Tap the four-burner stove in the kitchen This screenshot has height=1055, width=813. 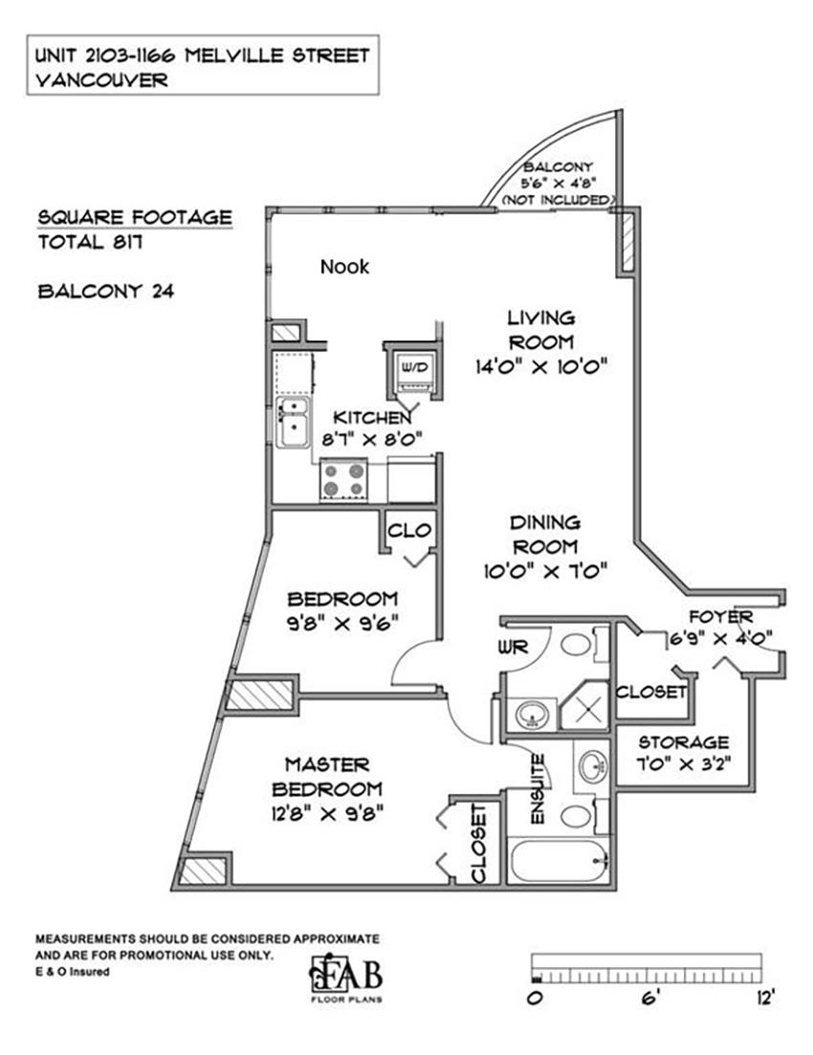[343, 478]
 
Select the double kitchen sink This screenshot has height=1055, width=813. [293, 422]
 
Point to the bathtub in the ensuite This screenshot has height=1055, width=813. [560, 860]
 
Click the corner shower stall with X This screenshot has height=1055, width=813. [584, 706]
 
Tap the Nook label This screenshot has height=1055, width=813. [344, 267]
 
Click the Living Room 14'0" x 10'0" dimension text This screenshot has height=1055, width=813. [541, 366]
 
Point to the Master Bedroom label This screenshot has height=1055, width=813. [327, 777]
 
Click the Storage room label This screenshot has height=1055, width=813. [684, 742]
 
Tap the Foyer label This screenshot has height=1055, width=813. [721, 616]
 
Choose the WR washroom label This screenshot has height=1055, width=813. [513, 648]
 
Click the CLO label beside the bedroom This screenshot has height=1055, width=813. [409, 530]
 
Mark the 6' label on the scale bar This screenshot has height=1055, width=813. [649, 999]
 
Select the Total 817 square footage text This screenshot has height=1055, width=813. [90, 242]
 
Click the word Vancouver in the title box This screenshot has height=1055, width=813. [101, 80]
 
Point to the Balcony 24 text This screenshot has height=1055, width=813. [105, 291]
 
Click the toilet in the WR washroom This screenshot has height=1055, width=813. [579, 644]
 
